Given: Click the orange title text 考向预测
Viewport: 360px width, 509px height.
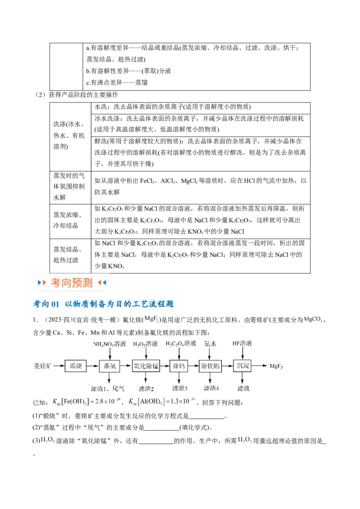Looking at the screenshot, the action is pyautogui.click(x=72, y=283).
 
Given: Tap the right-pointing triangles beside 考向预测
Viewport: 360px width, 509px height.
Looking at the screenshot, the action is pyautogui.click(x=42, y=283).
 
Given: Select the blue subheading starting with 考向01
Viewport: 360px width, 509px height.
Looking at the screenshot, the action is pyautogui.click(x=104, y=304).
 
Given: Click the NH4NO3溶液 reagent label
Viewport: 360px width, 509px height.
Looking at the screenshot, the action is pyautogui.click(x=109, y=344).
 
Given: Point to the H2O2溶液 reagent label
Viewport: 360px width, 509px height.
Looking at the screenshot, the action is pyautogui.click(x=146, y=344).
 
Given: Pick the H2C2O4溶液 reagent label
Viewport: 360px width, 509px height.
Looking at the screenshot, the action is pyautogui.click(x=181, y=344).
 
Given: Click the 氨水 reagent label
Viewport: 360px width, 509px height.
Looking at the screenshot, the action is pyautogui.click(x=210, y=344).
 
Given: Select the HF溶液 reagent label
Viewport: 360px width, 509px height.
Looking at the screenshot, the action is pyautogui.click(x=242, y=344).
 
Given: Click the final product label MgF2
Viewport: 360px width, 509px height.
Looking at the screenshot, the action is pyautogui.click(x=277, y=366).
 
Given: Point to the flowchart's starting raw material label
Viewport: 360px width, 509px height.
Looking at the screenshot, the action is pyautogui.click(x=43, y=366).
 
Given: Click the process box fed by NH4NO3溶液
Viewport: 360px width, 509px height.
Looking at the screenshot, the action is pyautogui.click(x=109, y=366).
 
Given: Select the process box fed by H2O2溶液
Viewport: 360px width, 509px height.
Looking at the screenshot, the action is pyautogui.click(x=146, y=366).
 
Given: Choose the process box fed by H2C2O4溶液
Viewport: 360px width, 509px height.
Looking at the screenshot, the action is pyautogui.click(x=179, y=366).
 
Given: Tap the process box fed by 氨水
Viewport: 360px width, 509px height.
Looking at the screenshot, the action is pyautogui.click(x=210, y=366).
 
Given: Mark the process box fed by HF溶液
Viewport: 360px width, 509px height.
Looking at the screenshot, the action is pyautogui.click(x=243, y=366).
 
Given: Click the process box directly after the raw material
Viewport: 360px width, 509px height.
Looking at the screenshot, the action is pyautogui.click(x=75, y=366).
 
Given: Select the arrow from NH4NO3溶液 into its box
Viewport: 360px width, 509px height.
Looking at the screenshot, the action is pyautogui.click(x=109, y=354).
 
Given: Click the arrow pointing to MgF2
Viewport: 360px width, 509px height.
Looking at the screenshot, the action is pyautogui.click(x=262, y=366).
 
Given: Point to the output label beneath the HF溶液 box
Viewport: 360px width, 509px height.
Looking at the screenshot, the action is pyautogui.click(x=243, y=388).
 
